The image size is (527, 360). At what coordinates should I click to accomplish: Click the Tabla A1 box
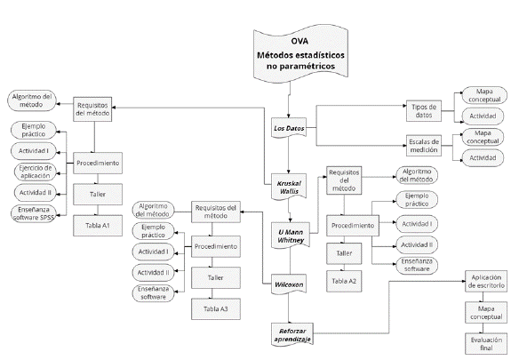click(98, 226)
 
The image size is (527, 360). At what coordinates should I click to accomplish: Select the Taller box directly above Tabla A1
click(98, 195)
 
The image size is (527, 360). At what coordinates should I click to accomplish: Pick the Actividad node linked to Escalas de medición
click(484, 157)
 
